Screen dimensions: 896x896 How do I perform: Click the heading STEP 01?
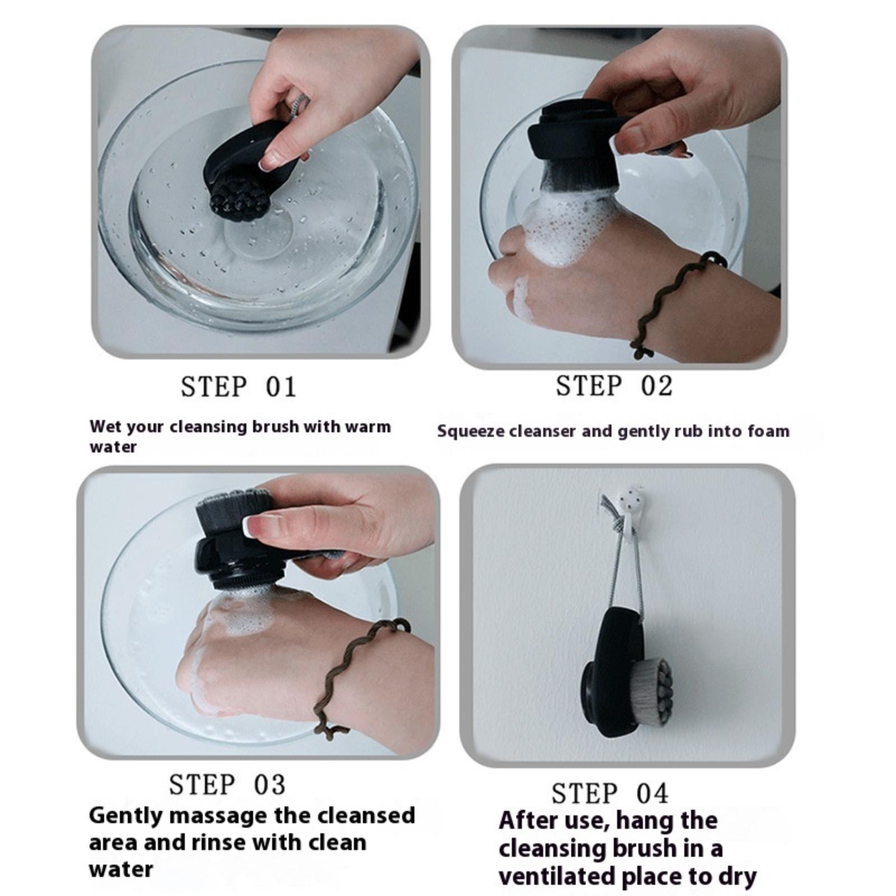[x=239, y=387]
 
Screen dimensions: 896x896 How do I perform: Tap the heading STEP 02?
[x=614, y=386]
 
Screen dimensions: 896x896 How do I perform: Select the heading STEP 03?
[x=227, y=785]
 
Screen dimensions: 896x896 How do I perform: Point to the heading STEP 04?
[x=610, y=794]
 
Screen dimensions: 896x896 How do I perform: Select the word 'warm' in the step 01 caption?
[x=368, y=427]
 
